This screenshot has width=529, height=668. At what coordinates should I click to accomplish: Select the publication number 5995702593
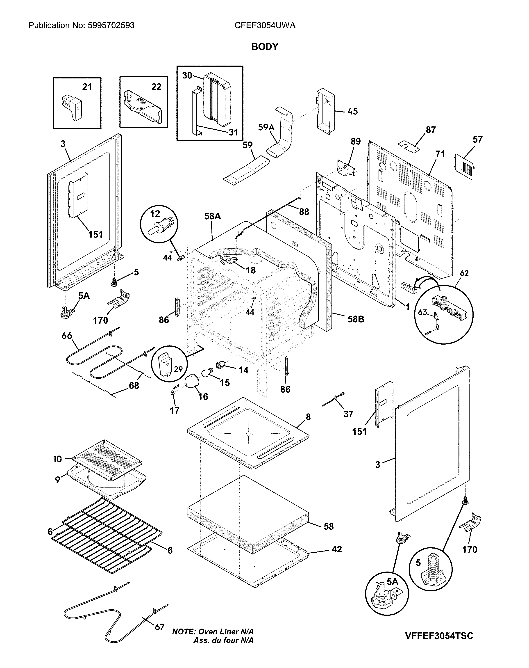coord(111,25)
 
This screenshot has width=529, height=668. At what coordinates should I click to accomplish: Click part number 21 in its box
coord(87,87)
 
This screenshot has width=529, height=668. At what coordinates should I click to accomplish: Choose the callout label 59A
coord(266,127)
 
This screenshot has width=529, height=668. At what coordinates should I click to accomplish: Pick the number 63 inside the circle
coord(422,312)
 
